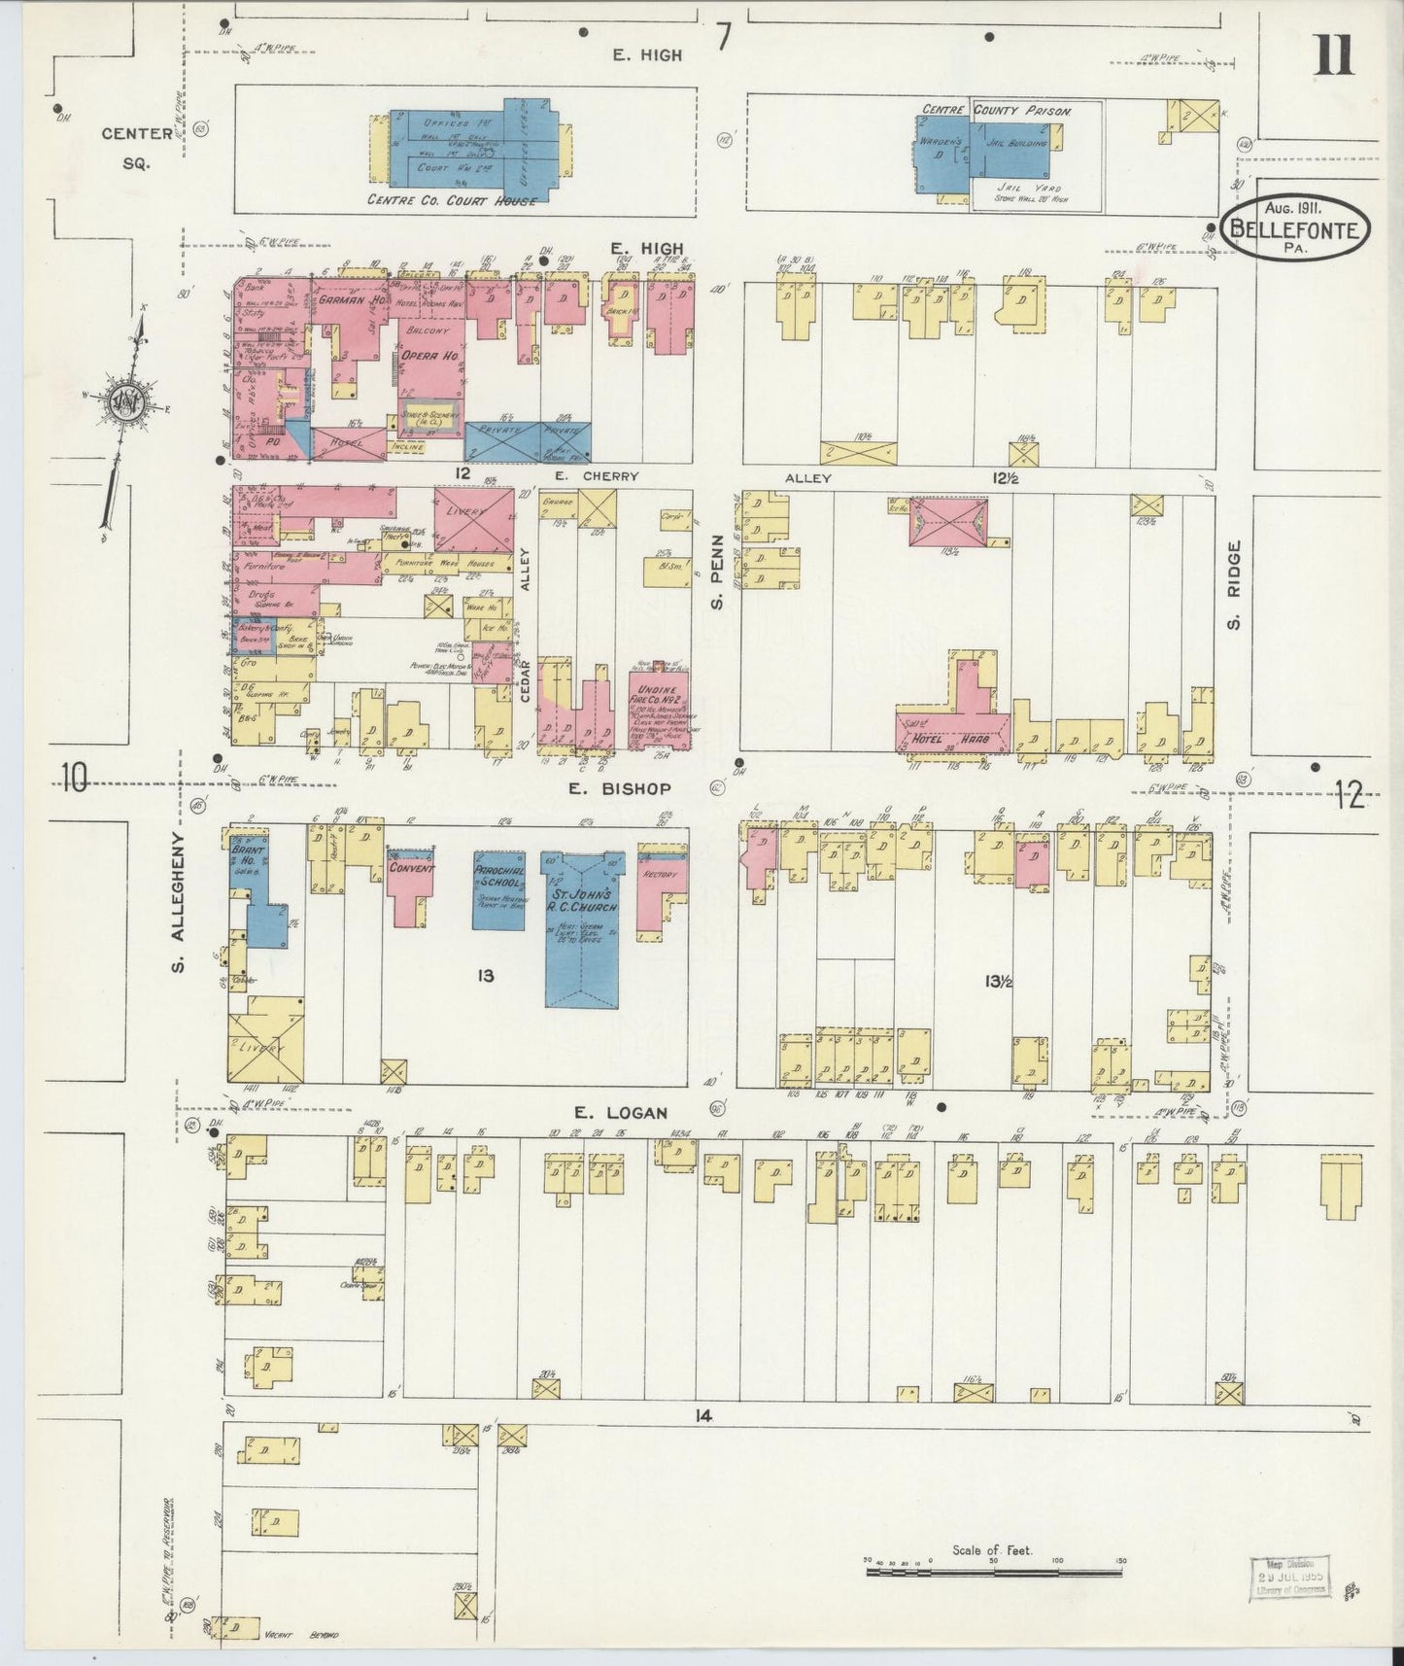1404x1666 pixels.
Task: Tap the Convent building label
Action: click(x=411, y=868)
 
